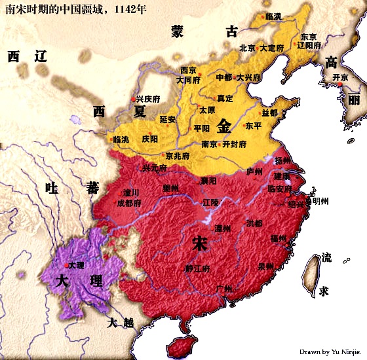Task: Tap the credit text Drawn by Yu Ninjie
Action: [x=331, y=351]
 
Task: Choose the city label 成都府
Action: [x=129, y=203]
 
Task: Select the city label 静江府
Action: [x=197, y=268]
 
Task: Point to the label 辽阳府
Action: [x=309, y=46]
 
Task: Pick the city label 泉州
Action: [x=265, y=266]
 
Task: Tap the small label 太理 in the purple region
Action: [x=76, y=265]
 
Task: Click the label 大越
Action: [x=121, y=322]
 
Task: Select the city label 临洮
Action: [x=121, y=139]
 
